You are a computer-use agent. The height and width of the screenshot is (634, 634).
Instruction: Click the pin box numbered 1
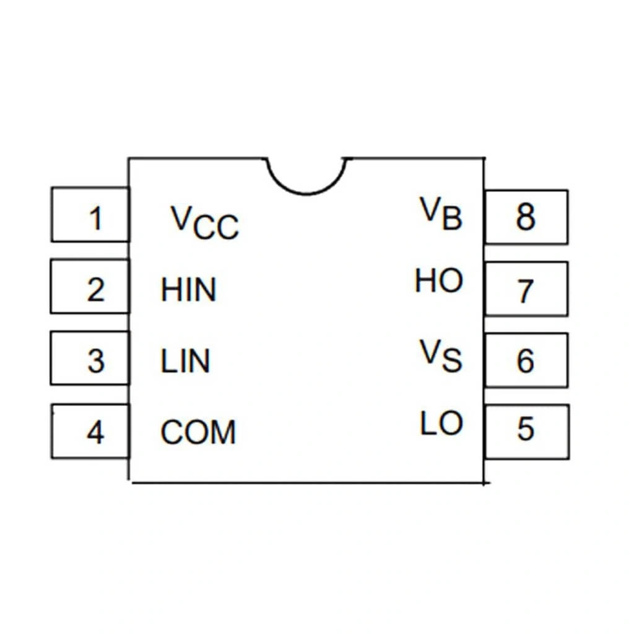coord(90,215)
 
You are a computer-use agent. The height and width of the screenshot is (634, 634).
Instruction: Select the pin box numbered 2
coord(90,287)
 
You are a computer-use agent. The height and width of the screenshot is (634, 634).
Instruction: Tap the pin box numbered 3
coord(90,358)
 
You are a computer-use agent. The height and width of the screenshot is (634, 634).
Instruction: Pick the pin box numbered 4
coord(90,431)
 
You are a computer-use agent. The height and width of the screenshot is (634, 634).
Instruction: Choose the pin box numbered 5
coord(526,431)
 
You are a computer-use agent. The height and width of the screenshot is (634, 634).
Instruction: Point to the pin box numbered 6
coord(526,360)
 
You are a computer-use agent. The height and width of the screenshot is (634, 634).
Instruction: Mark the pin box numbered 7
coord(526,289)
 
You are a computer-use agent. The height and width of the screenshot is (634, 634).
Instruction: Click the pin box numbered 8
coord(526,217)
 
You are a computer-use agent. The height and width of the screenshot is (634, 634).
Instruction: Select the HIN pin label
coord(189,290)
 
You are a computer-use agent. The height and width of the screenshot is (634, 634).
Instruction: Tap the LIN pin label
coord(185,362)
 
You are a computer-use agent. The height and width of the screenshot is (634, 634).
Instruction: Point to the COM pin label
coord(198,433)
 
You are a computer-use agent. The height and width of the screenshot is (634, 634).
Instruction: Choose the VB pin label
coord(441,214)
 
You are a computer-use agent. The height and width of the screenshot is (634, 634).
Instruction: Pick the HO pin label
coord(439,282)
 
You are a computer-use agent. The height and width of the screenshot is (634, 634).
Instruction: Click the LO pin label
coord(441,424)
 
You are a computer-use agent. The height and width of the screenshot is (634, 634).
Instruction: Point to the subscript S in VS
coord(453,362)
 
